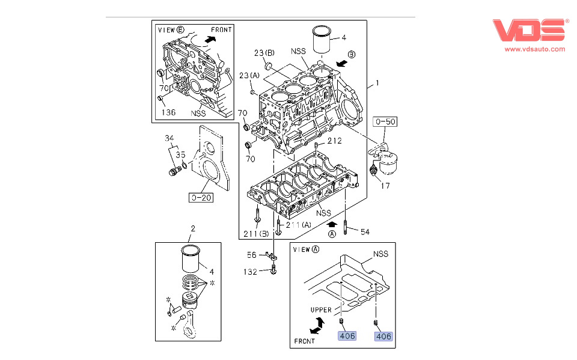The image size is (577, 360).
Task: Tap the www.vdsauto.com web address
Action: point(534,49)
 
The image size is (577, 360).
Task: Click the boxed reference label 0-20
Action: point(201,197)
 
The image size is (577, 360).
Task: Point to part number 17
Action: point(385,186)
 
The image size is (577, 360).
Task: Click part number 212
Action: point(334,141)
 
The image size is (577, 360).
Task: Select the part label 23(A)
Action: point(249,75)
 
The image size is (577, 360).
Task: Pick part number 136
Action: point(168,111)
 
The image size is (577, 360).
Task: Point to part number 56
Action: point(252,255)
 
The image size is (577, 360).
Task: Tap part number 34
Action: point(169,139)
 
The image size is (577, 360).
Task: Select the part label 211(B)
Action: point(255,233)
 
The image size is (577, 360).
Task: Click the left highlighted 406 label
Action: point(347,336)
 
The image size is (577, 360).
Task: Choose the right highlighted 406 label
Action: point(383,337)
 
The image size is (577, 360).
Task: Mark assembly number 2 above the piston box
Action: point(193,228)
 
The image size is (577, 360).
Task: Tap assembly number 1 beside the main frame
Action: point(377,82)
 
